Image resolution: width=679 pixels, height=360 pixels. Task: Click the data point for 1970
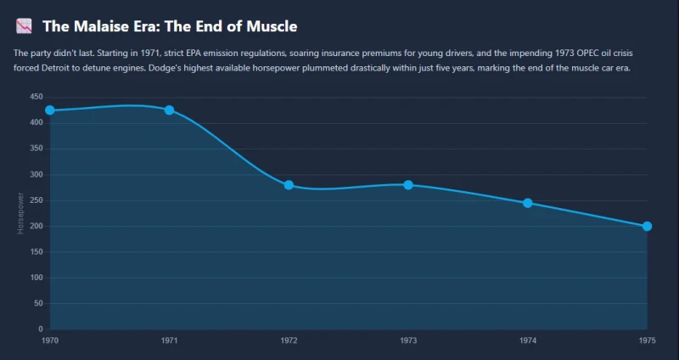point(50,110)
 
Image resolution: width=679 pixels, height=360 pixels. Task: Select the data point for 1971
point(169,110)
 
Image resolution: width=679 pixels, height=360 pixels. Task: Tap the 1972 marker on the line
point(289,185)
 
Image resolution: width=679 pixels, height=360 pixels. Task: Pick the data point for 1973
point(408,185)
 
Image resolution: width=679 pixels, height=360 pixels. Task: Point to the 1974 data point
point(527,203)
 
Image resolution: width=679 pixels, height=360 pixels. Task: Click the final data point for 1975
point(647,226)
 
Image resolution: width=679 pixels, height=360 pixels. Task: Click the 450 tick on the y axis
point(36,97)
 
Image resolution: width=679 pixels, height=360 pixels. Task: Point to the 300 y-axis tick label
point(36,175)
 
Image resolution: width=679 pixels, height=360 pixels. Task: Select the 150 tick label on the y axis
point(36,251)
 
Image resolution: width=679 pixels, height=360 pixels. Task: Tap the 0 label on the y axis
point(41,329)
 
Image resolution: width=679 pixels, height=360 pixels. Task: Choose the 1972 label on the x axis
point(289,340)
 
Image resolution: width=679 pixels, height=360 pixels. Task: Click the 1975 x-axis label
point(647,340)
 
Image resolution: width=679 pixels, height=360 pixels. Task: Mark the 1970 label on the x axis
point(50,340)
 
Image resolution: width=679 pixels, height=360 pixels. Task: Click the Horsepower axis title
point(20,213)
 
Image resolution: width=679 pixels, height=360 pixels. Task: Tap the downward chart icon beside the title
point(24,26)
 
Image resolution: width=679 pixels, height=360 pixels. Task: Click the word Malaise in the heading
point(95,26)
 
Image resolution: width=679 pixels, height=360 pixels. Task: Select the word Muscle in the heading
point(272,26)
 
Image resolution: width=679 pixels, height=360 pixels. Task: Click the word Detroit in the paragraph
point(45,69)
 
